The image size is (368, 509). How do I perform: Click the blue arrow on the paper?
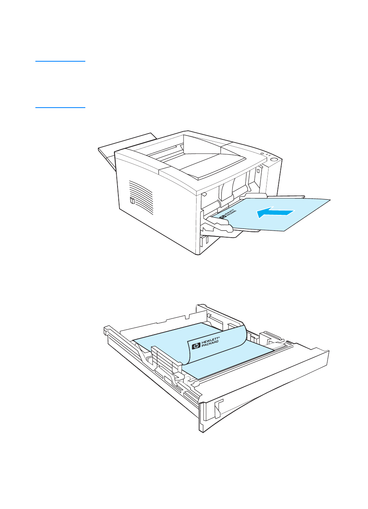pos(275,212)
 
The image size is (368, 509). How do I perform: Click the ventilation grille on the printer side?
pos(141,196)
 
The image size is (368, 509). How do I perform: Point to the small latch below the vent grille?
pos(132,201)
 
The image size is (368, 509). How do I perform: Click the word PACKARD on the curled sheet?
pos(210,345)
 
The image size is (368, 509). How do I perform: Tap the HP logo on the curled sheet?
pos(195,346)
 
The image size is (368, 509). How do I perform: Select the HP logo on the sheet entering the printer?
pos(223,216)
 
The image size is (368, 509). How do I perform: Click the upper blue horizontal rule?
pos(60,61)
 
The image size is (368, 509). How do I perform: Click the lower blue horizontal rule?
pos(60,107)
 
